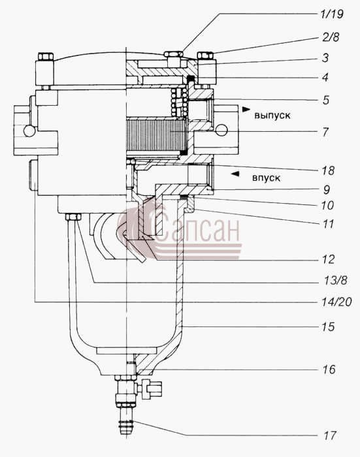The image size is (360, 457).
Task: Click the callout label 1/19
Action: pos(332,14)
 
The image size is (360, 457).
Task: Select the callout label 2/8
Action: pos(331,37)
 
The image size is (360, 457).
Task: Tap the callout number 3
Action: pos(325,57)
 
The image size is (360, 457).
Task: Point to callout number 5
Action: pos(325,100)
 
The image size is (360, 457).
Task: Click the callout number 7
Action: pos(325,132)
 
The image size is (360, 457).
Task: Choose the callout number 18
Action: pos(328,170)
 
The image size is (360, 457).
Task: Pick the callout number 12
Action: pos(328,259)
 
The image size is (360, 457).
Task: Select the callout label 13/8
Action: pos(335,280)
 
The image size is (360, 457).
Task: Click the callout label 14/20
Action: pos(337,302)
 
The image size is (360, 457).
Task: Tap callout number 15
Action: pos(328,326)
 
